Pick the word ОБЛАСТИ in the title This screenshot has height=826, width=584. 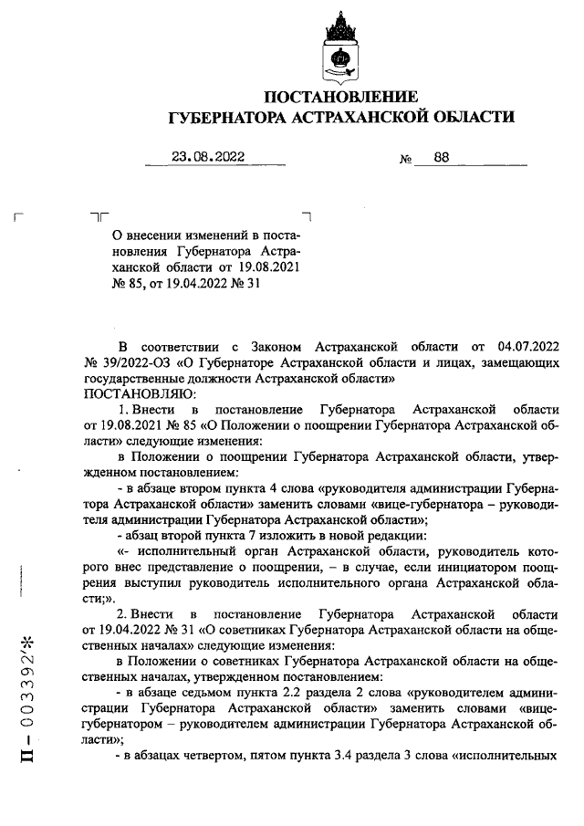[468, 118]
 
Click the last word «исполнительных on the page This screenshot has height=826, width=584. [502, 757]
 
